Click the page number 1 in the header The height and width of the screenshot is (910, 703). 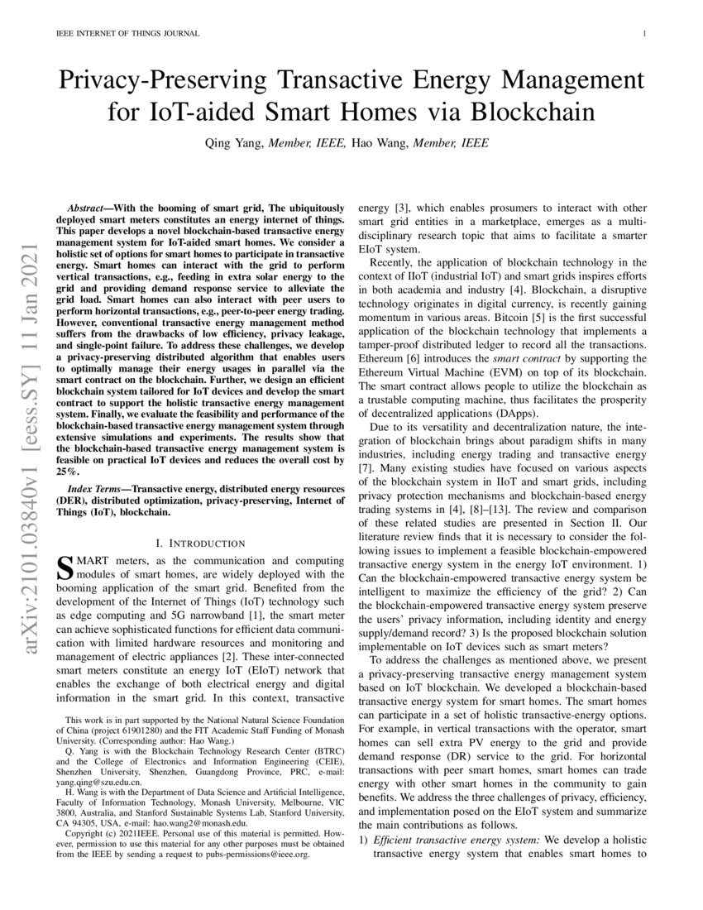pyautogui.click(x=643, y=34)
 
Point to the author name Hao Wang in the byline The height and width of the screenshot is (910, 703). pyautogui.click(x=377, y=143)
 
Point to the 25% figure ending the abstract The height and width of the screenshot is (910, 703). pyautogui.click(x=66, y=471)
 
